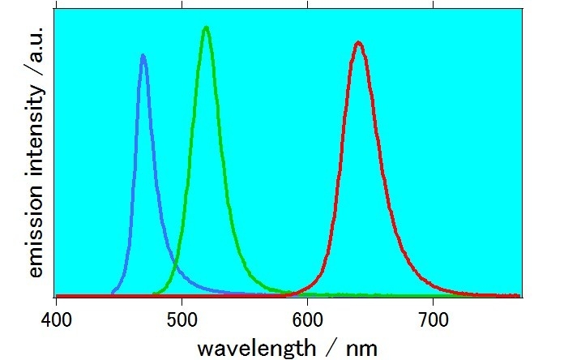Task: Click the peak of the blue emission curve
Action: coord(143,56)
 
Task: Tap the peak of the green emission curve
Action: coord(207,28)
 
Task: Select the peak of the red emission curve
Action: coord(358,43)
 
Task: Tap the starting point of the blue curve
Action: coord(113,293)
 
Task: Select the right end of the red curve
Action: coord(519,295)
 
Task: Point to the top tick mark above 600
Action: coord(308,12)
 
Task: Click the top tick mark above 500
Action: coord(182,12)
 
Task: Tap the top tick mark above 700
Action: coord(433,12)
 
